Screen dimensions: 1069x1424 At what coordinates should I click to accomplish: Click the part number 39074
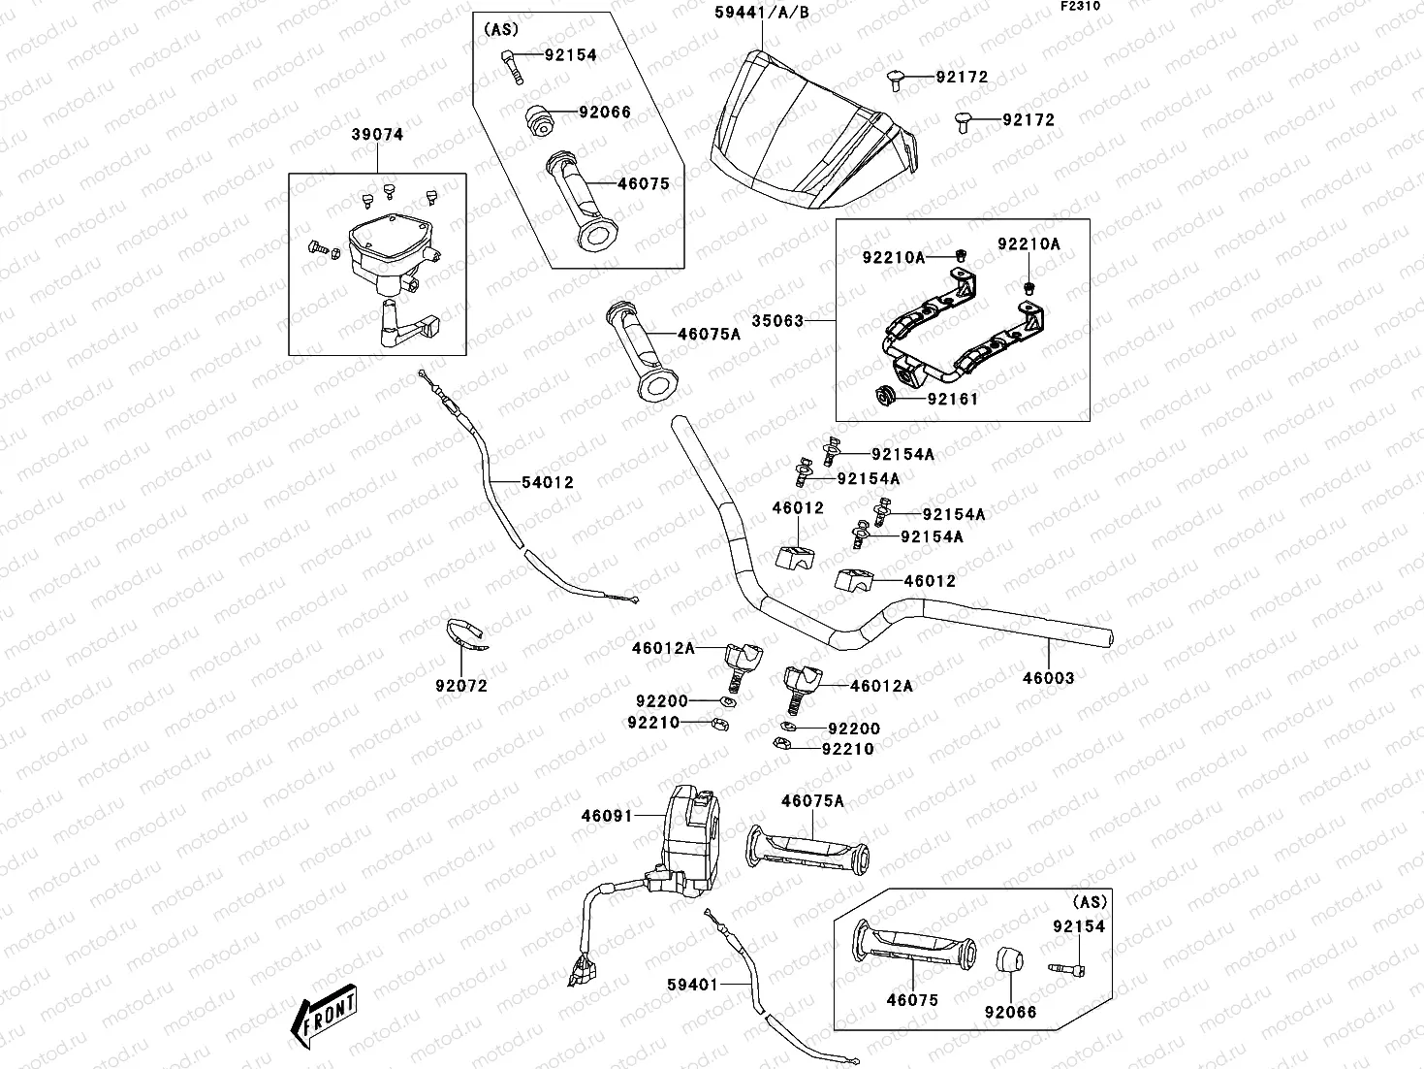(x=376, y=135)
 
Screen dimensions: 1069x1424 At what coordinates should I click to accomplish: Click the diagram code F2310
(x=1079, y=6)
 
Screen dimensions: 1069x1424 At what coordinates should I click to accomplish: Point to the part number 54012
(x=547, y=482)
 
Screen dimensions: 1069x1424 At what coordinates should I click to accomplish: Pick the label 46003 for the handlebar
(x=1048, y=678)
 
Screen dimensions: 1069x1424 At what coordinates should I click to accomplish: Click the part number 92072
(x=460, y=686)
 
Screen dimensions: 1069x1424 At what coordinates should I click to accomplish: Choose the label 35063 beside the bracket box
(x=776, y=320)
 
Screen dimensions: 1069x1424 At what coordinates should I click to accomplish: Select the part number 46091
(x=606, y=816)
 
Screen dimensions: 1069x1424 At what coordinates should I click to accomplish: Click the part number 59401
(x=692, y=985)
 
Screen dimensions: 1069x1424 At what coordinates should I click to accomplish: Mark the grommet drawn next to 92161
(x=884, y=396)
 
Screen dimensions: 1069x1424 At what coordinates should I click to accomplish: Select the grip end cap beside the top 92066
(x=539, y=122)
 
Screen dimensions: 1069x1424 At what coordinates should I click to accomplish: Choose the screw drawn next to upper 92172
(x=897, y=80)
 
